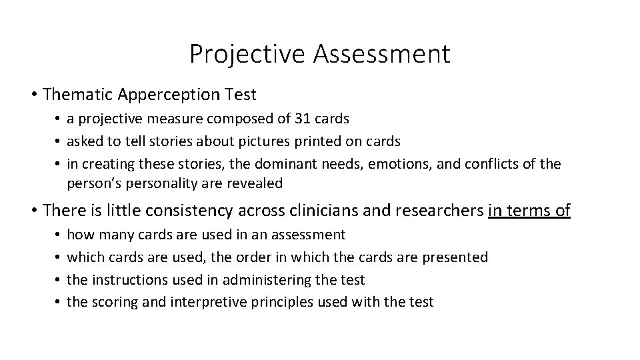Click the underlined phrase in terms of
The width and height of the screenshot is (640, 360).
pyautogui.click(x=529, y=211)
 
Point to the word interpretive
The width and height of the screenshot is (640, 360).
pyautogui.click(x=203, y=302)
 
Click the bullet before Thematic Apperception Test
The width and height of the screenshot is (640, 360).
pyautogui.click(x=33, y=95)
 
